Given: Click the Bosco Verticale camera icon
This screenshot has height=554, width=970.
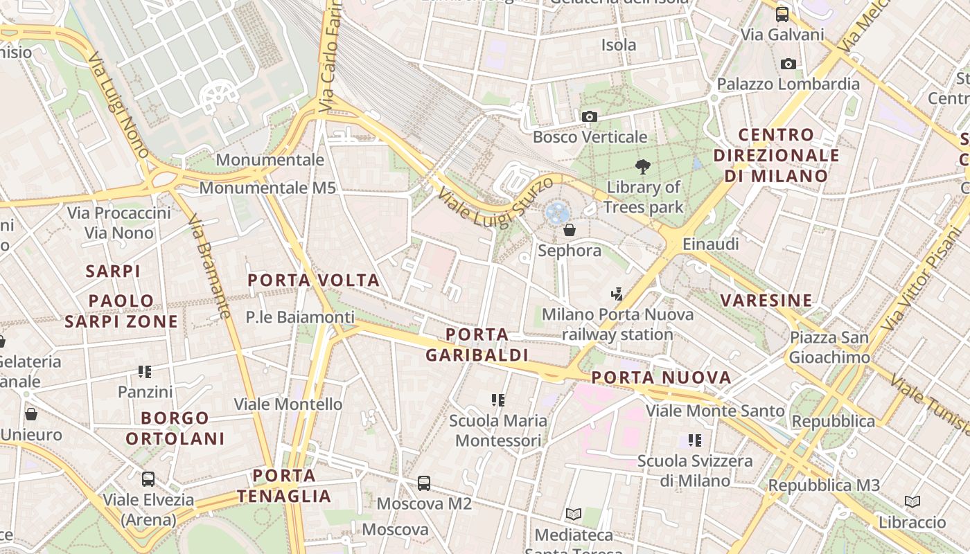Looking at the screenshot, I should point(590,116).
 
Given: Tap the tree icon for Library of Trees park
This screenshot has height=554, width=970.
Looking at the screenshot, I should point(643,166).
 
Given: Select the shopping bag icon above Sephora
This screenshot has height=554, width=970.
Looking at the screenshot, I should point(570,229).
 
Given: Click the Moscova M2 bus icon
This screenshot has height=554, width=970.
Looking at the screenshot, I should point(424,483).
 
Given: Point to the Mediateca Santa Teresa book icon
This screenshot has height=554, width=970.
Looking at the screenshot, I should point(573,514).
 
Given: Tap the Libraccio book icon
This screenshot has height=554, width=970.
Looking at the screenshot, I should point(912,501).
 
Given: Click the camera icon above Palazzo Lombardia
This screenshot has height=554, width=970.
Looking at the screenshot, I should point(788,64).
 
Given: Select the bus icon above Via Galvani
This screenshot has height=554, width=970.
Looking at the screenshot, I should point(782,14).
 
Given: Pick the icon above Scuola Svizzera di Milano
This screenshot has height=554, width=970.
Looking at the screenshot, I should point(695,440).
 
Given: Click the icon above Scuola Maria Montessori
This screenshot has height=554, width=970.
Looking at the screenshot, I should point(497,400).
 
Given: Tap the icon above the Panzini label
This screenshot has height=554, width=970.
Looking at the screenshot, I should point(145,372).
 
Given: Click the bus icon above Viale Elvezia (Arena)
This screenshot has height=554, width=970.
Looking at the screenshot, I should point(148,479).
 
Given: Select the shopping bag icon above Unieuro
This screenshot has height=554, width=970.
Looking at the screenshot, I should point(31,414).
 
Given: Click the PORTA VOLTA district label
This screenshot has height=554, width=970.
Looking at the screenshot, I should point(314,280).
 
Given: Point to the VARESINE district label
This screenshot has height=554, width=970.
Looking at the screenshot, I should point(766,301).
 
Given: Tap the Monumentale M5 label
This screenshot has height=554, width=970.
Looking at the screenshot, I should point(267,188).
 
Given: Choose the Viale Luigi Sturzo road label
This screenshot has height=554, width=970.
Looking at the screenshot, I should point(495,202).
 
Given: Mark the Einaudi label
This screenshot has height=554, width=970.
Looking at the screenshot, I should point(710,244).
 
